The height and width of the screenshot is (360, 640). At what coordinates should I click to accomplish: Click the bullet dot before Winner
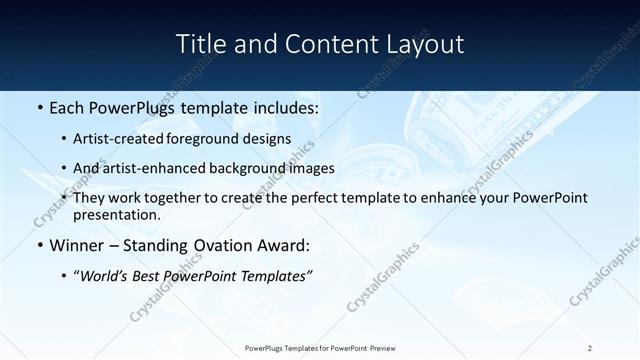(x=39, y=246)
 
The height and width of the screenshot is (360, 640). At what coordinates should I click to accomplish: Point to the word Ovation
(x=226, y=246)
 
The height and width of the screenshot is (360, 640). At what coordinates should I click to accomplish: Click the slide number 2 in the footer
(x=590, y=347)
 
